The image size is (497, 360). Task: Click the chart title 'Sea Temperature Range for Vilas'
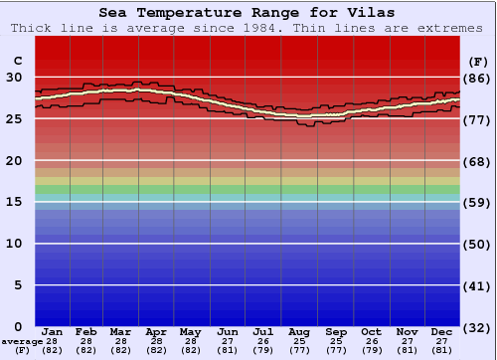point(248,13)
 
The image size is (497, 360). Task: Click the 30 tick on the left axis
point(14,78)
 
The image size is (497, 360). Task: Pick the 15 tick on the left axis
point(14,202)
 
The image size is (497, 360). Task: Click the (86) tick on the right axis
point(478,78)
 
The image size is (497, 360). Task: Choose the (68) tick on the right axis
point(478,161)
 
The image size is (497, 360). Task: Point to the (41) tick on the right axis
point(478,286)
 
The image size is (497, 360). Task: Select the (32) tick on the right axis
point(478,327)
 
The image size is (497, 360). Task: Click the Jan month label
point(53,331)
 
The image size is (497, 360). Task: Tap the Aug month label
point(299,331)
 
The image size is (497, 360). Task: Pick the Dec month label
point(442,331)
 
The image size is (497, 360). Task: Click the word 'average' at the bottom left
point(22,341)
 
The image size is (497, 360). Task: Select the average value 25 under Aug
point(299,341)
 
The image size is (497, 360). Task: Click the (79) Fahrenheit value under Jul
point(263,350)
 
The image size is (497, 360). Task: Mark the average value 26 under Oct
point(371,341)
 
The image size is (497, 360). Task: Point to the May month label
point(189,331)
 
